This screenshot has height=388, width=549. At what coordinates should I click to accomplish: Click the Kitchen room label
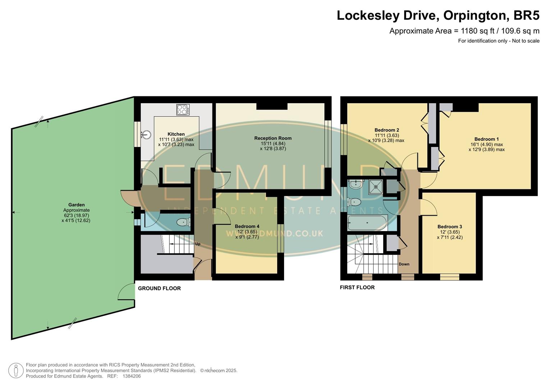(176, 134)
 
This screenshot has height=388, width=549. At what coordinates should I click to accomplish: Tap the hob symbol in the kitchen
(183, 110)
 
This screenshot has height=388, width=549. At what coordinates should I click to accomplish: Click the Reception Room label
(273, 138)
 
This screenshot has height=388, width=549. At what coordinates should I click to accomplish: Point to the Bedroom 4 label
(247, 226)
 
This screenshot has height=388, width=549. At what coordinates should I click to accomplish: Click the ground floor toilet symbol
(183, 222)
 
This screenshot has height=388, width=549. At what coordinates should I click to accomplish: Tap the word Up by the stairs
(197, 244)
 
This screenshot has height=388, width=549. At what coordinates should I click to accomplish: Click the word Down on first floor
(404, 264)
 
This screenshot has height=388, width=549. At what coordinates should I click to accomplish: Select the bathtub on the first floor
(367, 223)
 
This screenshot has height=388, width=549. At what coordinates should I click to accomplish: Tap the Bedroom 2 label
(386, 130)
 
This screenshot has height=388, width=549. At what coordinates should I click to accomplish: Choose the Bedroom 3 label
(449, 227)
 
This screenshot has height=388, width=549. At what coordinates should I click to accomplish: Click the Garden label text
(76, 205)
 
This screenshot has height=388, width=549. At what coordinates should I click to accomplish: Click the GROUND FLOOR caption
(159, 288)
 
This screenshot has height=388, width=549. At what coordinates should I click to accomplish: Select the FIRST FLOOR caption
(357, 287)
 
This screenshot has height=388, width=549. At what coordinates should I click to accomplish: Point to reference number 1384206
(132, 376)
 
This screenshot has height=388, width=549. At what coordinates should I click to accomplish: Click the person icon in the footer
(16, 370)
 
